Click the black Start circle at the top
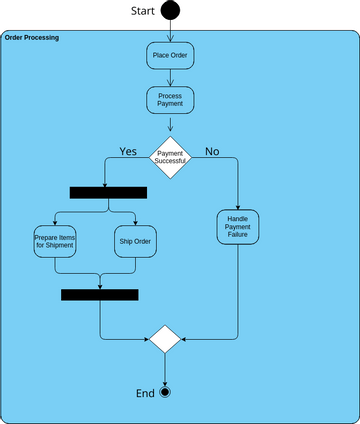[x=170, y=11]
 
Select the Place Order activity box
[x=170, y=55]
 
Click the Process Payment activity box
[x=170, y=101]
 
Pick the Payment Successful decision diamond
[x=170, y=157]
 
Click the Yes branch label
[x=128, y=151]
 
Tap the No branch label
[x=212, y=151]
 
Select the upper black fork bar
[x=108, y=192]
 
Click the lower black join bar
[x=100, y=294]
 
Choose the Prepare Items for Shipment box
[x=55, y=241]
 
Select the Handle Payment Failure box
[x=238, y=226]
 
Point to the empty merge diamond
[x=165, y=338]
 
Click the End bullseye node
[x=165, y=391]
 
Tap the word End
[x=145, y=392]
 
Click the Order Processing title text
[x=31, y=37]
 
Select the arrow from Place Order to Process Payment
[x=170, y=78]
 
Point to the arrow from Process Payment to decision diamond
[x=170, y=124]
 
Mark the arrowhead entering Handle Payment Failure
[x=238, y=204]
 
